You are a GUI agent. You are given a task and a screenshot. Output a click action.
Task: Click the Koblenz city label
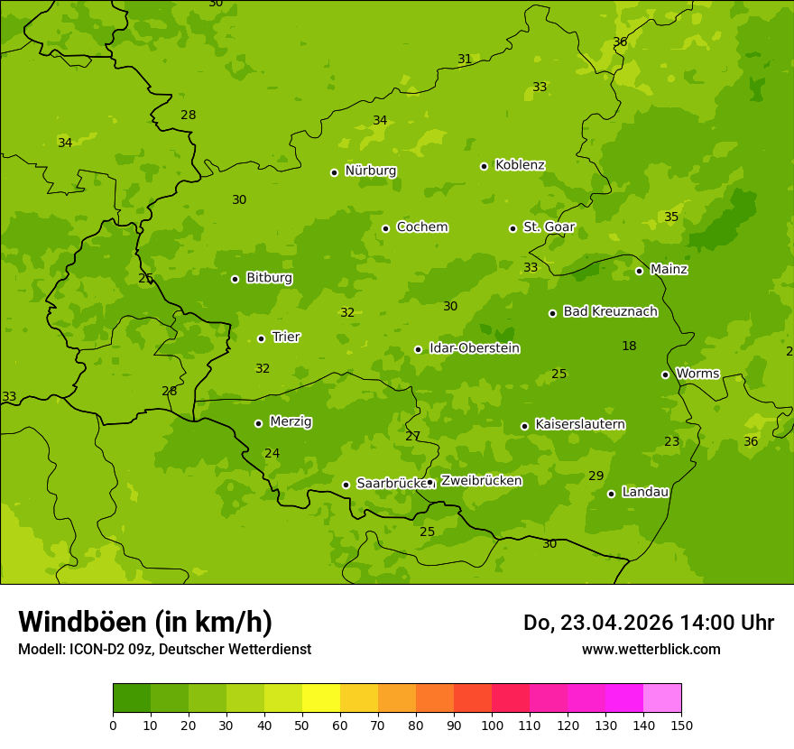point(520,165)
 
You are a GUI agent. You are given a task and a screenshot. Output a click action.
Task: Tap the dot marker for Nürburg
point(334,172)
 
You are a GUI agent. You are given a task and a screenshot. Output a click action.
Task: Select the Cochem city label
point(421,227)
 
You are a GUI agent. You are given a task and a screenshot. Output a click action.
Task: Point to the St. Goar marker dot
point(512,228)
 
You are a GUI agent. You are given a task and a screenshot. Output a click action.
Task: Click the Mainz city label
point(669,270)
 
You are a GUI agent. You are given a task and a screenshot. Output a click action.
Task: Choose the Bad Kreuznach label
point(610,312)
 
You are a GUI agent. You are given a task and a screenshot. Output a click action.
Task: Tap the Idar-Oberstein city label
point(474,348)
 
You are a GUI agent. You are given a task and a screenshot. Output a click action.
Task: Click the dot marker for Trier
point(262,338)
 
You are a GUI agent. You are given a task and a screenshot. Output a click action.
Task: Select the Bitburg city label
point(269,278)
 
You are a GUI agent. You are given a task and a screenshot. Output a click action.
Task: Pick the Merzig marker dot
point(258,423)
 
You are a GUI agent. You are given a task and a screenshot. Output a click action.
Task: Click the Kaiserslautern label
point(580,425)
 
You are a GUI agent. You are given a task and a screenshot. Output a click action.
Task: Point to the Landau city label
point(645,493)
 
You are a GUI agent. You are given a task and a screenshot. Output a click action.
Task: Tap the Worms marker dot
point(665,374)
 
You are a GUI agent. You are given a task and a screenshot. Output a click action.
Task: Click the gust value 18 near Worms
point(629,347)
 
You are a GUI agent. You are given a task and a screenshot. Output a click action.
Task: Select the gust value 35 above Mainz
point(671,217)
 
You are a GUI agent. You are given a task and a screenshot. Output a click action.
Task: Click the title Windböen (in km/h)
point(145,623)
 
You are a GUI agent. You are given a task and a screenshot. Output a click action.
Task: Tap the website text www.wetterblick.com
point(651,650)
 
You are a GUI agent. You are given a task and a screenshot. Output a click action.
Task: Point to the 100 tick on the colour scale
point(492,725)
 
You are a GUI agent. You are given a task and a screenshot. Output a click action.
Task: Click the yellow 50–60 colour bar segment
point(321,698)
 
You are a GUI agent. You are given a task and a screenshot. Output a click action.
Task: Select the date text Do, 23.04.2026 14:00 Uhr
point(648,623)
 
